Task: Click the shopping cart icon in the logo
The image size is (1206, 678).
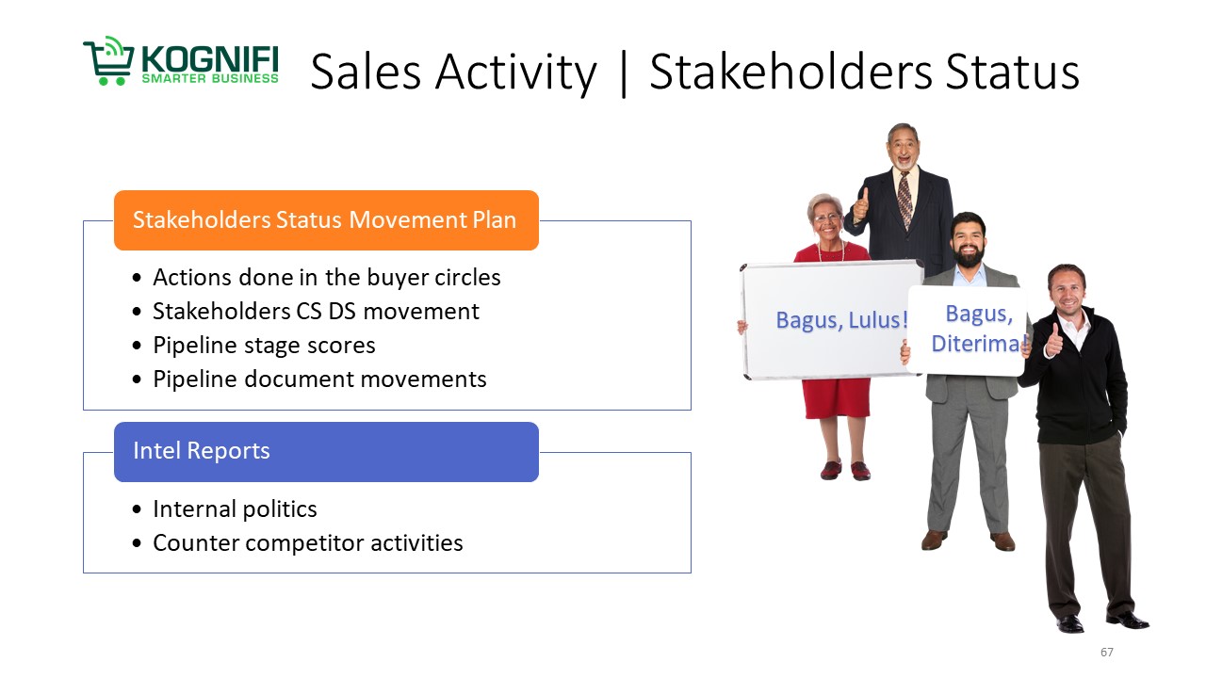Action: click(x=108, y=60)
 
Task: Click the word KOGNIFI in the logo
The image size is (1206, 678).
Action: click(x=209, y=59)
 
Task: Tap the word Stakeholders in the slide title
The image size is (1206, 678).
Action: click(x=790, y=72)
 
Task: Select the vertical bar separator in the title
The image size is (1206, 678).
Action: click(x=624, y=73)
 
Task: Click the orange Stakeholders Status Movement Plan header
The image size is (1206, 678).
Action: click(x=326, y=220)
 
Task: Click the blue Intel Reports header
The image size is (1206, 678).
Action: click(x=326, y=452)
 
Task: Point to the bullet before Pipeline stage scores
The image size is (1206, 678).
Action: click(x=137, y=346)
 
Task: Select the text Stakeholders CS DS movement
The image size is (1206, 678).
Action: click(x=316, y=312)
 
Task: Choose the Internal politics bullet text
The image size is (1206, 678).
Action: click(x=235, y=509)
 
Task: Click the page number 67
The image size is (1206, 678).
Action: click(x=1106, y=653)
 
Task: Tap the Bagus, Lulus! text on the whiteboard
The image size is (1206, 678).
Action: click(x=842, y=320)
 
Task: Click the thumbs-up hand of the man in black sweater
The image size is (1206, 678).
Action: click(x=1053, y=341)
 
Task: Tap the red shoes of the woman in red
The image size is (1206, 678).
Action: click(x=845, y=470)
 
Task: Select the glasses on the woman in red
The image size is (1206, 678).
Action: click(x=827, y=218)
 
